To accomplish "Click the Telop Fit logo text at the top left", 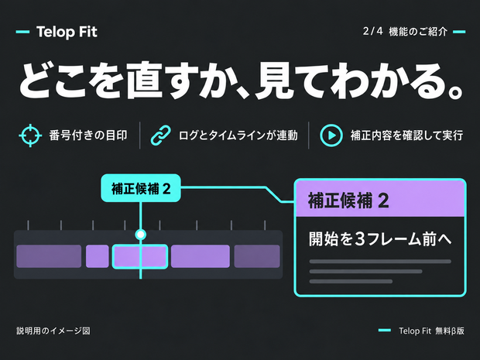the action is tap(67, 32).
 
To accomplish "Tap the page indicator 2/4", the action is tap(372, 31).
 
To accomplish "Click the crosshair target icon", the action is tap(30, 135).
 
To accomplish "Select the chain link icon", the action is tap(161, 135).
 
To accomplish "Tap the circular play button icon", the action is tap(331, 135).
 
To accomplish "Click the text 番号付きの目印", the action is tap(88, 135).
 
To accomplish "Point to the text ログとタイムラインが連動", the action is tap(238, 135).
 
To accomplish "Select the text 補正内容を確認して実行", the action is tap(406, 135).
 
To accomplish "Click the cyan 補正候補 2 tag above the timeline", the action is tap(141, 188).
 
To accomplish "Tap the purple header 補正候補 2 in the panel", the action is tap(380, 201).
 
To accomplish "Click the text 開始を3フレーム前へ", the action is tap(380, 238).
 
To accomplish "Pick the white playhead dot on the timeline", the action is tap(140, 235).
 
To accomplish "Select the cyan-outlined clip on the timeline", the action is tap(140, 256).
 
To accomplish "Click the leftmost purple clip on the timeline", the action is tap(49, 256).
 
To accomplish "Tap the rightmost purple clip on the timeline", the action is tap(257, 256).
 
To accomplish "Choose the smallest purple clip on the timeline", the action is tap(98, 256).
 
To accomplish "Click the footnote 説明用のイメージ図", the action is tap(53, 331).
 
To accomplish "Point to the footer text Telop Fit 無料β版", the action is tap(432, 331).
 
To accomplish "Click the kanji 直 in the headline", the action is tap(144, 81).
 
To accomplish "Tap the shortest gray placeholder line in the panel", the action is tap(351, 281).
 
